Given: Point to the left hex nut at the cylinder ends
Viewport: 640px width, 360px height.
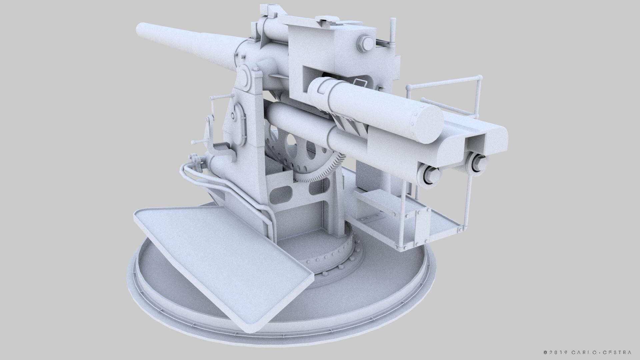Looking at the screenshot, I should (430, 175).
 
